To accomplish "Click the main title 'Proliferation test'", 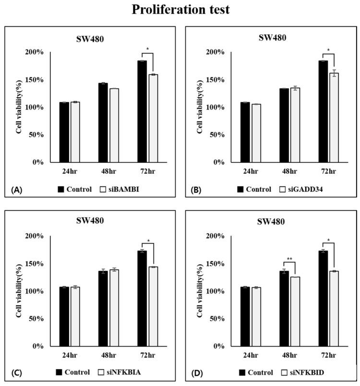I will click(180, 10).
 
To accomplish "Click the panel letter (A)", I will click(16, 190).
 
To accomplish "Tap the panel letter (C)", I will click(16, 373).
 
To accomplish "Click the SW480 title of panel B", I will click(271, 37).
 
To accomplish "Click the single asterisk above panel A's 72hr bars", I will click(148, 50).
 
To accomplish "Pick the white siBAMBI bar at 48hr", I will click(114, 125).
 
